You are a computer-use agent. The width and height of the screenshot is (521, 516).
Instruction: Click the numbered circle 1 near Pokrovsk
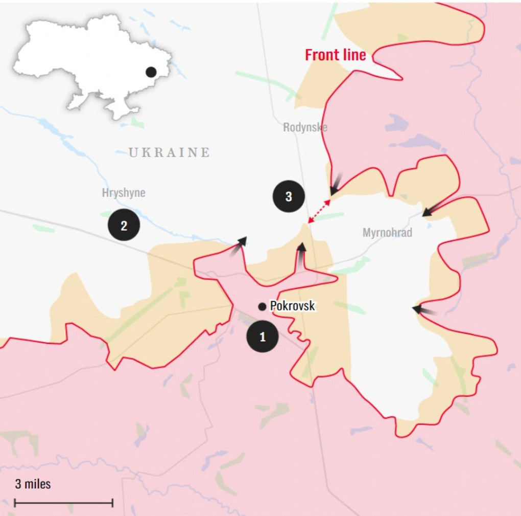[263, 336]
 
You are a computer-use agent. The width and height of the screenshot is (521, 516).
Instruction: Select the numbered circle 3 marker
[289, 196]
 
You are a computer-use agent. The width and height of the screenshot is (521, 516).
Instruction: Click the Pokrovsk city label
[292, 306]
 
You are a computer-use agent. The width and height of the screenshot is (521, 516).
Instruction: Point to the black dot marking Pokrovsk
[262, 306]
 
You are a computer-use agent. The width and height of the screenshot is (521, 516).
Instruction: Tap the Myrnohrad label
[387, 233]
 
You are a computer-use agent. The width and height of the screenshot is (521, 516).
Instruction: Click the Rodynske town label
[305, 127]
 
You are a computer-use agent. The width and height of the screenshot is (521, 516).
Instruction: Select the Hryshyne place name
[124, 193]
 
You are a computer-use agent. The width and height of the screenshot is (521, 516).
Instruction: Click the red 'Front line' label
[336, 55]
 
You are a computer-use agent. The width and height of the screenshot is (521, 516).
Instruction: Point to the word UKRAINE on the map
[169, 152]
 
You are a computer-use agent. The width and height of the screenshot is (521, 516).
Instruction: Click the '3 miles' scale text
[33, 484]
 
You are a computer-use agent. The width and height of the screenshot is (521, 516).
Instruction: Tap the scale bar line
[63, 503]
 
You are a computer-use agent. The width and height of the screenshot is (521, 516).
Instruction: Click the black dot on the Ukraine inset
[151, 72]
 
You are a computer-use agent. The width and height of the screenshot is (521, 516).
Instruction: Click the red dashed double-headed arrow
[319, 212]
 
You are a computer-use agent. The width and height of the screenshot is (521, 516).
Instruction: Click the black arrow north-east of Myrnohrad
[431, 209]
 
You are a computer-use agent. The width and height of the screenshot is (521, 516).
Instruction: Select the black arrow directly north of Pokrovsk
[301, 254]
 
